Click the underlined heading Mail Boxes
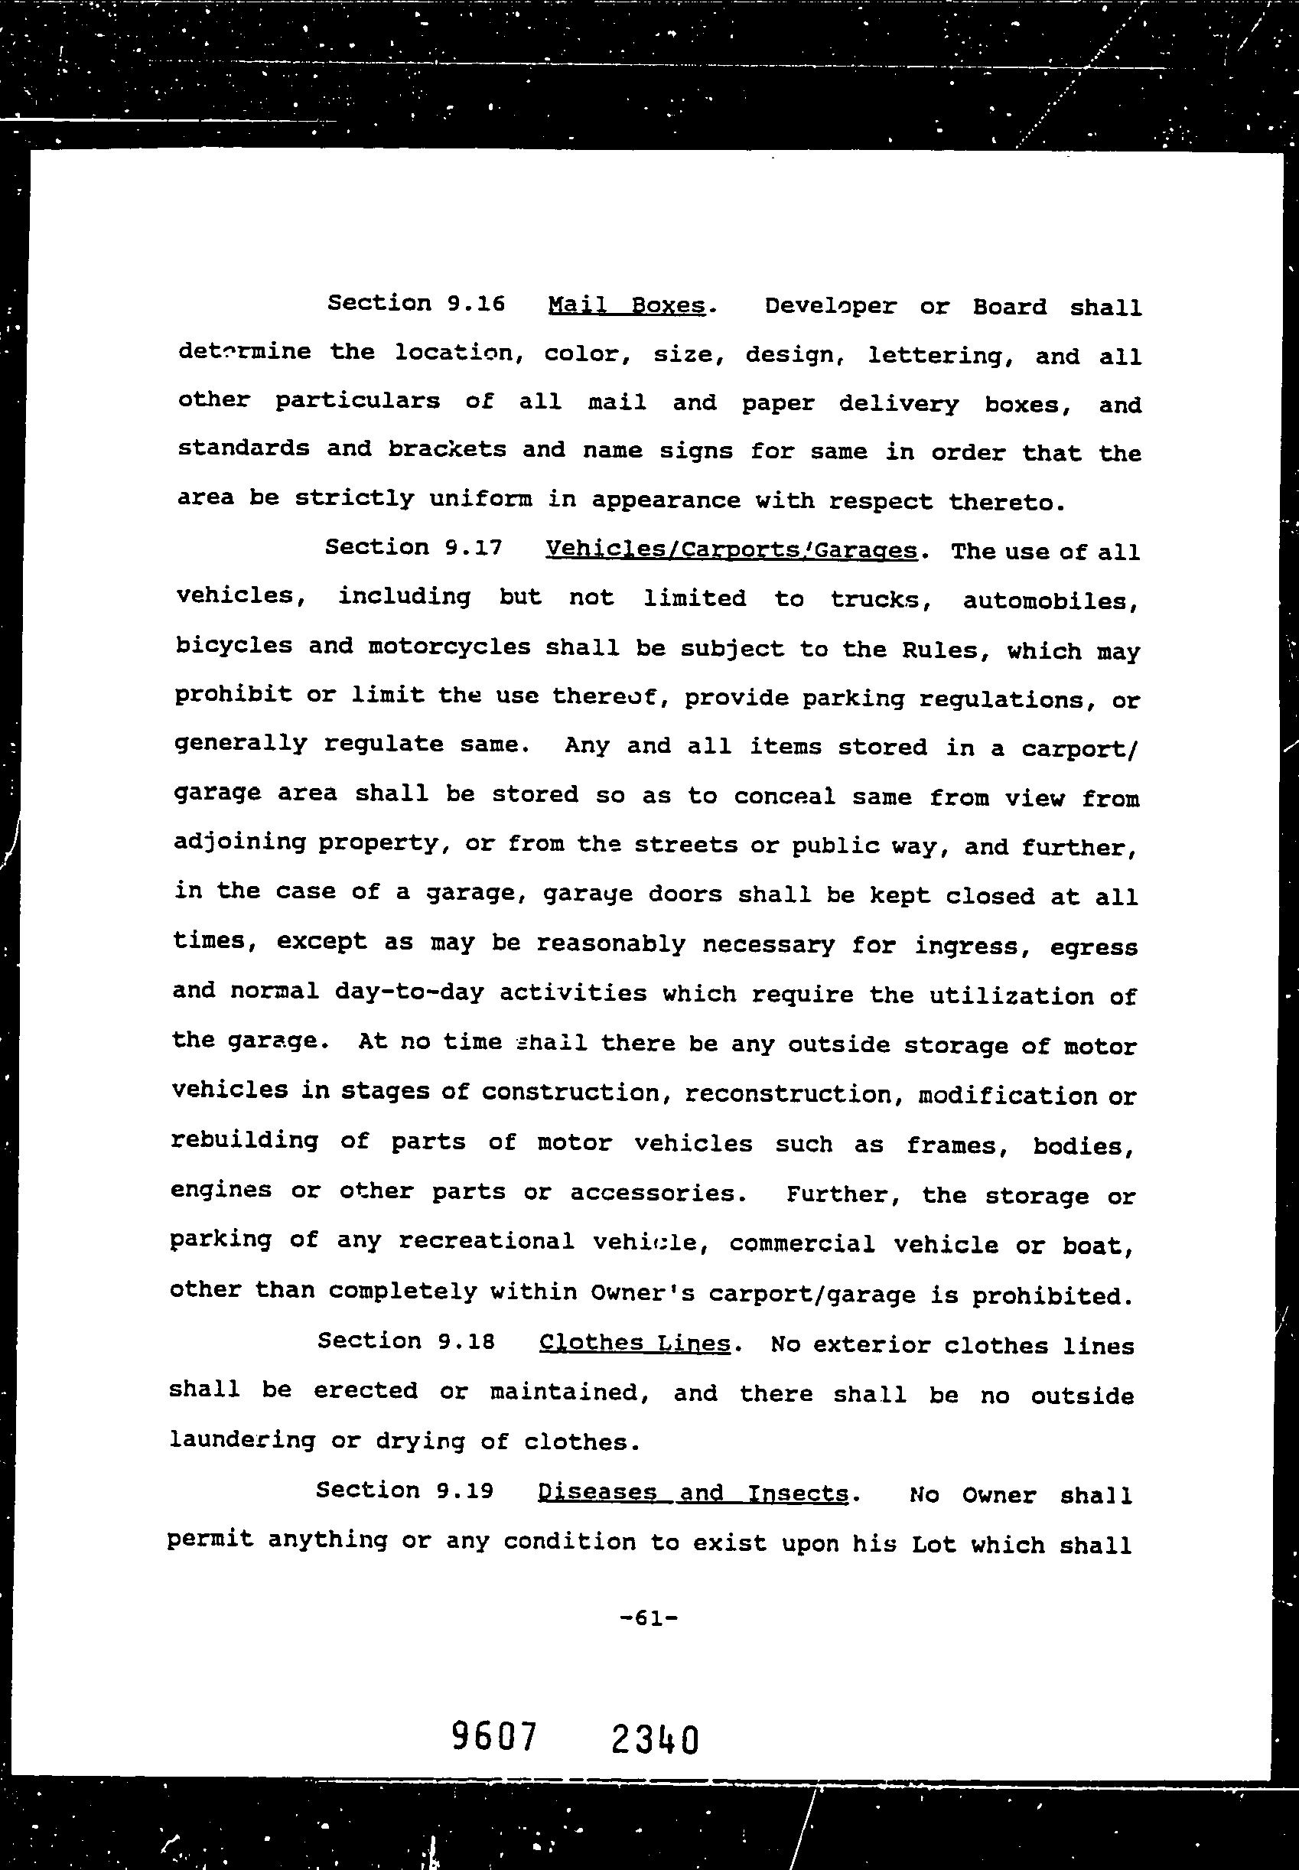pos(627,305)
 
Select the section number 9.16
pos(476,303)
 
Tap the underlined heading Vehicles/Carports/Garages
pos(731,550)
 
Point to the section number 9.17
pos(474,547)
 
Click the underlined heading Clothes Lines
pos(635,1344)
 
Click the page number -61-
pos(649,1618)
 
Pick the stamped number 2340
pos(654,1741)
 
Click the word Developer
pos(830,307)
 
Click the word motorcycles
pos(449,647)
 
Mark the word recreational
pos(486,1242)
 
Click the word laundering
pos(242,1439)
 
